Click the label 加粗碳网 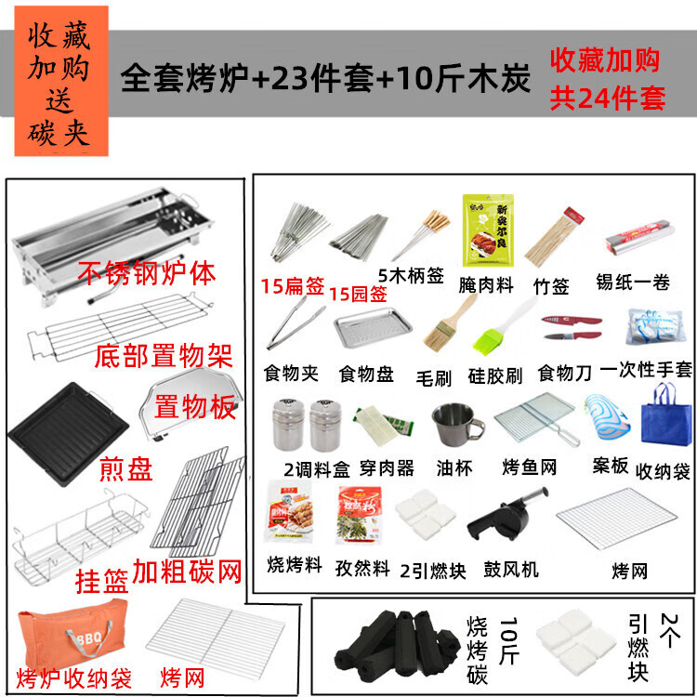[x=191, y=568]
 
